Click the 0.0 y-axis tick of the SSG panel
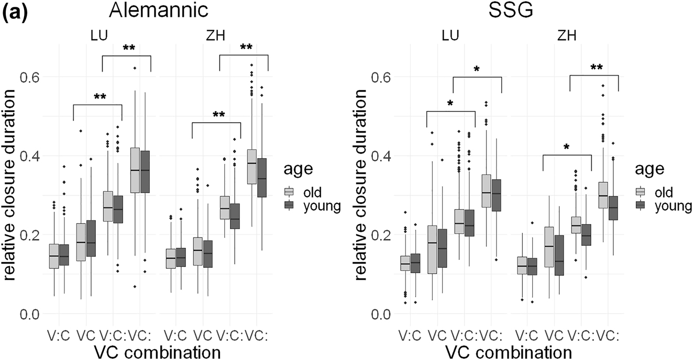click(x=381, y=314)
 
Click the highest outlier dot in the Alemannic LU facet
click(x=135, y=68)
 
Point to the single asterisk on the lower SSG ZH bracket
click(x=567, y=148)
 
